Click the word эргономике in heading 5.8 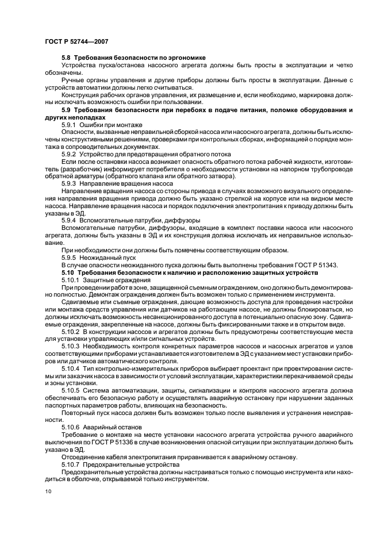click(187, 58)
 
